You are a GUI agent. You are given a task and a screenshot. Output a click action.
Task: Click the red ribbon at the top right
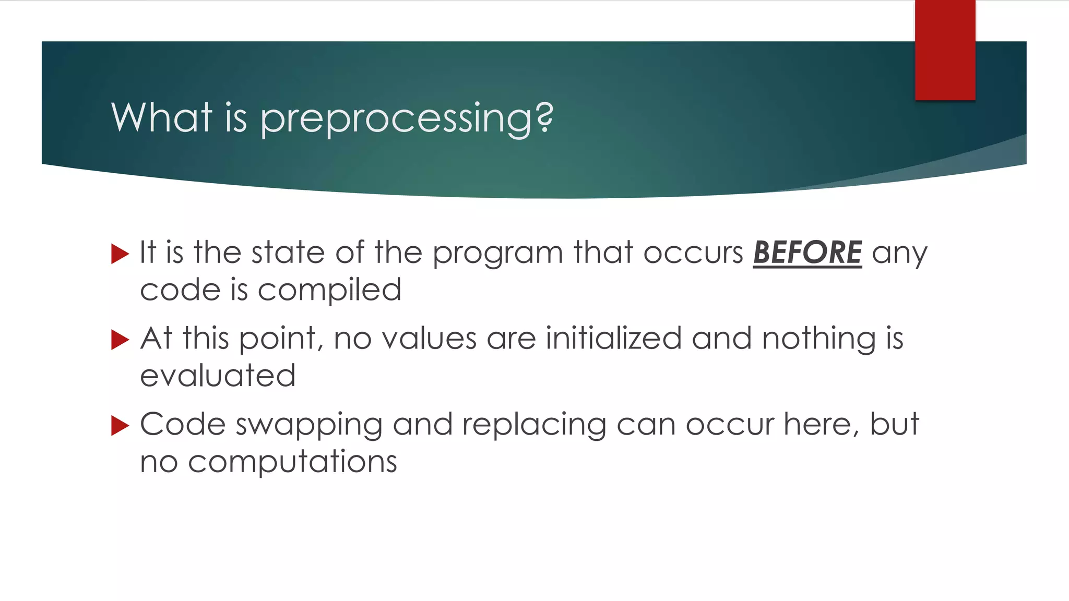point(945,50)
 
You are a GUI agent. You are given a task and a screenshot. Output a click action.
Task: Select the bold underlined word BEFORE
point(807,253)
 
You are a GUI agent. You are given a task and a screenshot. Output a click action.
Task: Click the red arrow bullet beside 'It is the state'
point(120,254)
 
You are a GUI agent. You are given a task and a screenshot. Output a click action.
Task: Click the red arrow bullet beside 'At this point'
point(120,340)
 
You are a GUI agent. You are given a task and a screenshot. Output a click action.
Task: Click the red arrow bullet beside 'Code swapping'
point(120,426)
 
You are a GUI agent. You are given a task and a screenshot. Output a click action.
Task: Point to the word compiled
point(329,291)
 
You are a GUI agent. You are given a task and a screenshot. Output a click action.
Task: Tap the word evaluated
point(218,376)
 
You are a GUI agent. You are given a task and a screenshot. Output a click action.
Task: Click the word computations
point(292,462)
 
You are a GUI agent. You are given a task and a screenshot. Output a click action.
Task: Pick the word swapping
point(309,425)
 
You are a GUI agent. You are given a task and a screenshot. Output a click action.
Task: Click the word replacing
point(533,425)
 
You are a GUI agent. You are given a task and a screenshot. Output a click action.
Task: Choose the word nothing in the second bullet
point(818,339)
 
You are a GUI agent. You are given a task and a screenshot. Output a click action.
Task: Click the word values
point(429,339)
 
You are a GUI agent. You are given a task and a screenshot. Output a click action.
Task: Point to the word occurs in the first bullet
point(693,253)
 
